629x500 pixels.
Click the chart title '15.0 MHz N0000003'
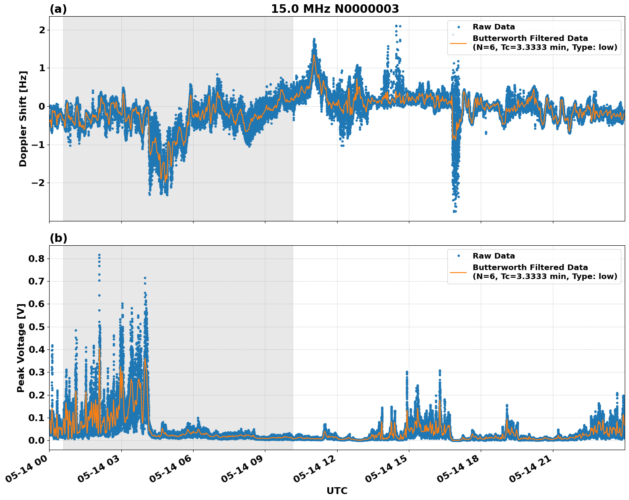[335, 9]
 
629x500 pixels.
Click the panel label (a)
[58, 9]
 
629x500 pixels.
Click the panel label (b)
[58, 238]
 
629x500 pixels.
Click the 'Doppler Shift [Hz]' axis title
[23, 119]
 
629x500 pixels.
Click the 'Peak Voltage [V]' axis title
[21, 348]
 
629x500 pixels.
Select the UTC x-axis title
[337, 491]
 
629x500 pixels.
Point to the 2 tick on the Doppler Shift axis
[42, 30]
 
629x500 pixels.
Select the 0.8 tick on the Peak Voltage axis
[38, 259]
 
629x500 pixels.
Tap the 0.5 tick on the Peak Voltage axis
[38, 327]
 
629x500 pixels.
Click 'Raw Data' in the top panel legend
[494, 27]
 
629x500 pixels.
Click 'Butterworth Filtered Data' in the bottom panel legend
[530, 267]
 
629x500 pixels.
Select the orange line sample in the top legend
[458, 43]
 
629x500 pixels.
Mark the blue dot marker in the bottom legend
[458, 256]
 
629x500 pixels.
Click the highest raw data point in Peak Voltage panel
[99, 255]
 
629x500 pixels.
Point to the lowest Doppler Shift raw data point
[455, 211]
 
